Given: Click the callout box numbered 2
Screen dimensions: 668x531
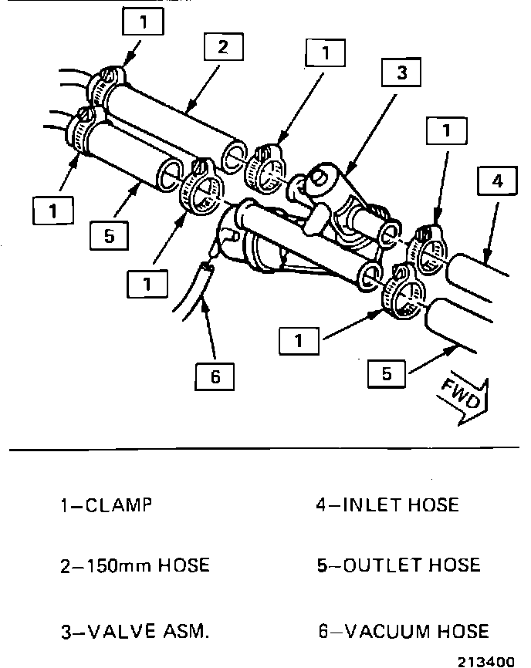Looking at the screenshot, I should pos(222,48).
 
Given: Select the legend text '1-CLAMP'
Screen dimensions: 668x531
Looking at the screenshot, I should pos(106,506).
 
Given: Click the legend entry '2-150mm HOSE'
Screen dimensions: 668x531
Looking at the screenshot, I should pos(134,565).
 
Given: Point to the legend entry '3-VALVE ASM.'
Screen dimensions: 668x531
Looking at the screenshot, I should pos(134,632).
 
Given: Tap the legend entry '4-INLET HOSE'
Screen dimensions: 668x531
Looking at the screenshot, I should pos(387,506).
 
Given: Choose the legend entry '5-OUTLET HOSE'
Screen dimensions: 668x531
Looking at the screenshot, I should pos(398,565).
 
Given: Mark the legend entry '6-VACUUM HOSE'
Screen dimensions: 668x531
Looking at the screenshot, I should pos(403,632).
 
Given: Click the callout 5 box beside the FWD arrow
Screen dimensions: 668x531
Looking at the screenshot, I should pos(387,374).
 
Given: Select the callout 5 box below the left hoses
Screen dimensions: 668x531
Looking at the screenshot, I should pos(109,235).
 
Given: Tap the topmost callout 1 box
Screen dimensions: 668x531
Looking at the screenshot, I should pos(142,23).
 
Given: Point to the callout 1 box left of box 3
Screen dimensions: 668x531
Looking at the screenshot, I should pos(326,53).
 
